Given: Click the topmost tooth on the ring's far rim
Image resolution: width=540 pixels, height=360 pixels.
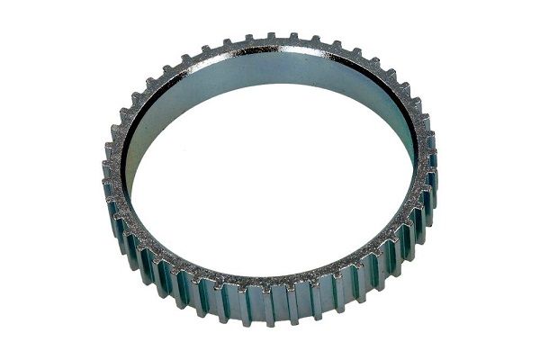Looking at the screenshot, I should coord(270,37).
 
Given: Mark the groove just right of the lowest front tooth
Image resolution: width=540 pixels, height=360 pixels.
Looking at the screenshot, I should coord(282,306).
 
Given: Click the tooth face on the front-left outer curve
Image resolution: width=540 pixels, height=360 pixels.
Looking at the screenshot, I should coord(162,270).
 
